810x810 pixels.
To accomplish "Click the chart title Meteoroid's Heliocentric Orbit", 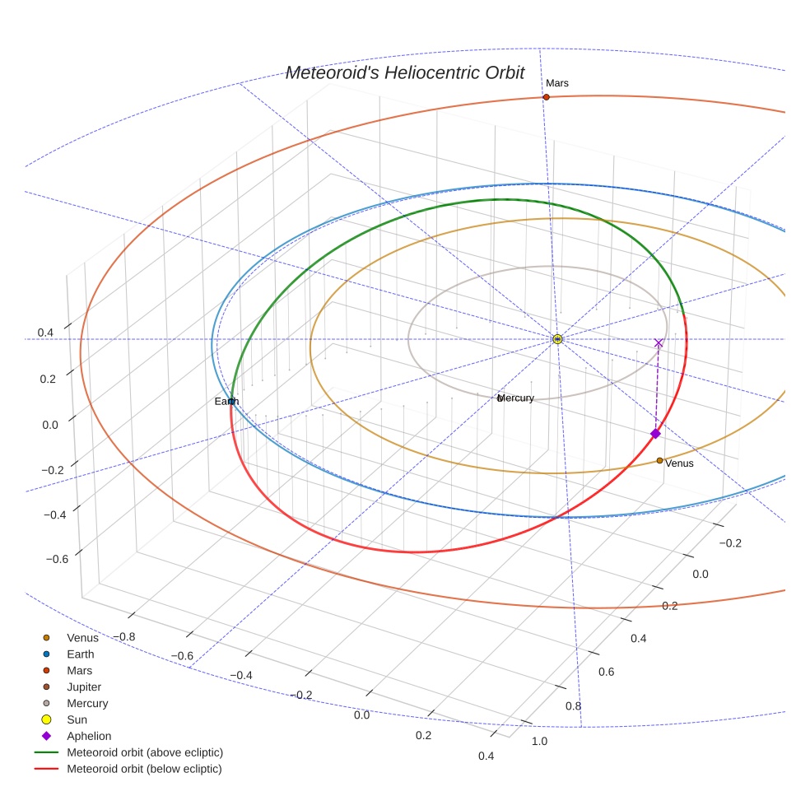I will pyautogui.click(x=404, y=73).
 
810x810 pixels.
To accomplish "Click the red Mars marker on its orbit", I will pyautogui.click(x=546, y=97).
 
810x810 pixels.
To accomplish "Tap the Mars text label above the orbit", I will pyautogui.click(x=557, y=83).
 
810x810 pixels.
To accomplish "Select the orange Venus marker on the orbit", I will pyautogui.click(x=659, y=460).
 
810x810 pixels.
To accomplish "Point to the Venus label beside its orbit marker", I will pyautogui.click(x=679, y=463).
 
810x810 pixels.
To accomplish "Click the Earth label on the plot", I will pyautogui.click(x=226, y=401).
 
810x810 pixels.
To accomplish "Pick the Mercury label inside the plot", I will pyautogui.click(x=516, y=398).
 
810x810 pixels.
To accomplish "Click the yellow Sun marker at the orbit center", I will pyautogui.click(x=557, y=339).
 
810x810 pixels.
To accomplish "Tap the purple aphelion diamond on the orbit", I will pyautogui.click(x=655, y=434).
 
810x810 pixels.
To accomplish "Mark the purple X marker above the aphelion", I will pyautogui.click(x=659, y=342).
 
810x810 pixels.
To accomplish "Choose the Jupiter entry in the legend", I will pyautogui.click(x=84, y=687).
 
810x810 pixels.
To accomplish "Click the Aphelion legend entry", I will pyautogui.click(x=89, y=736).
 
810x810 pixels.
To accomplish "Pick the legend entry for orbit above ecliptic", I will pyautogui.click(x=145, y=752).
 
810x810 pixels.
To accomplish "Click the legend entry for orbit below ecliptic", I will pyautogui.click(x=145, y=769).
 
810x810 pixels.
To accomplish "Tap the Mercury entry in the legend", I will pyautogui.click(x=87, y=703).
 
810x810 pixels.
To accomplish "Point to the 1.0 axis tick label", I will pyautogui.click(x=540, y=742).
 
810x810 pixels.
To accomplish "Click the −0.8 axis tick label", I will pyautogui.click(x=126, y=636).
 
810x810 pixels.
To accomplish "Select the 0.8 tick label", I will pyautogui.click(x=573, y=706).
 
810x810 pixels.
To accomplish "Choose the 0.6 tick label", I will pyautogui.click(x=606, y=672).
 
